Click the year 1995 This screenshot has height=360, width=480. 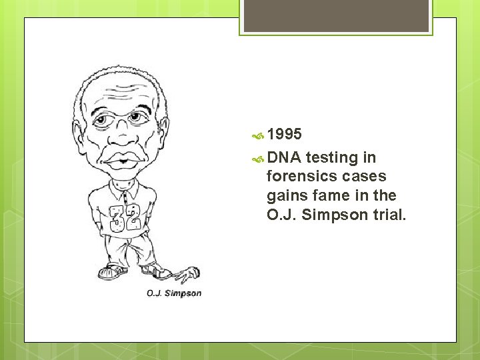(x=285, y=135)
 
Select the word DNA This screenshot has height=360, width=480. (x=283, y=158)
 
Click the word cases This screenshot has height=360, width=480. (x=363, y=177)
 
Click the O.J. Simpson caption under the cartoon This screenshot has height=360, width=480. (x=174, y=293)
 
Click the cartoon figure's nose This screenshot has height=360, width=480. (x=122, y=136)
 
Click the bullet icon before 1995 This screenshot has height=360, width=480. (x=257, y=136)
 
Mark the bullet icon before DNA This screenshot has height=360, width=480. (x=257, y=159)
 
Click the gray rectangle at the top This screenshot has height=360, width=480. (x=336, y=16)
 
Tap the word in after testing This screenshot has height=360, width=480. (x=369, y=158)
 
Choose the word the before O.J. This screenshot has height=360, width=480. (x=385, y=196)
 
